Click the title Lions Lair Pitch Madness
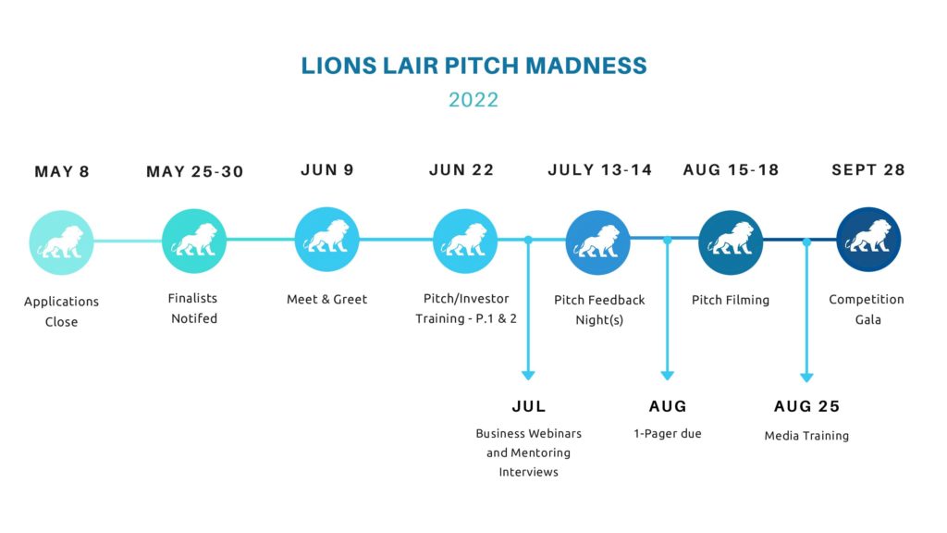pos(473,66)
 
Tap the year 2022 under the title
pos(473,100)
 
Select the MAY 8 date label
pos(62,171)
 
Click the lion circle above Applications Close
pos(61,242)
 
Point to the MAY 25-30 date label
pos(194,171)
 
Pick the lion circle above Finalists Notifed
pos(194,242)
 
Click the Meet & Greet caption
pos(326,299)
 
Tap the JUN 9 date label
pos(326,170)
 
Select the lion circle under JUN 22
pos(465,241)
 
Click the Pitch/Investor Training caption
pos(466,308)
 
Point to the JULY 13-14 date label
pos(599,170)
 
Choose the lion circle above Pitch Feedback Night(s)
pos(598,242)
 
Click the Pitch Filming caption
pos(731,300)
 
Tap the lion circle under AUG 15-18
pos(731,242)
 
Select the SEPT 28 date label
pos(867,170)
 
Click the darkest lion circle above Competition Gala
pos(868,240)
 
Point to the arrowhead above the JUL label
pos(528,376)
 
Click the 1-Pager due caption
pos(668,433)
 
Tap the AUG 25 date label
pos(806,406)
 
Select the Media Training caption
pos(806,436)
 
